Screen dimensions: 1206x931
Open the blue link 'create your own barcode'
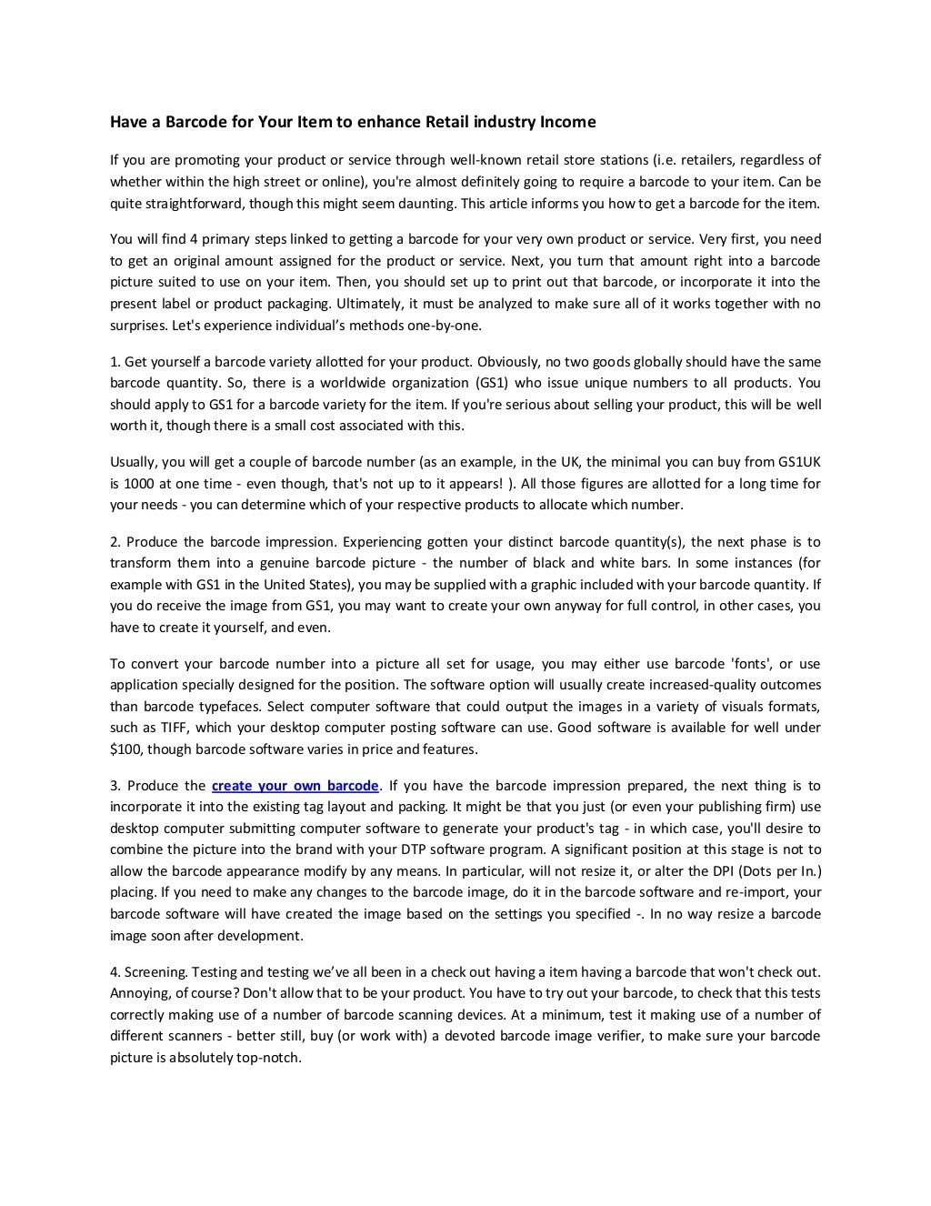click(295, 786)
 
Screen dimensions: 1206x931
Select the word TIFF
click(173, 728)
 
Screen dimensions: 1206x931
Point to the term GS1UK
click(800, 462)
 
